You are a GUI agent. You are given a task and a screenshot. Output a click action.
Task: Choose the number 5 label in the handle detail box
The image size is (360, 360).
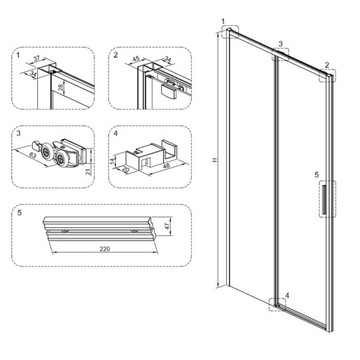pos(20,213)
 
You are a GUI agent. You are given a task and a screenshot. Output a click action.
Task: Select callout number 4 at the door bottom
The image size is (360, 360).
pos(287,296)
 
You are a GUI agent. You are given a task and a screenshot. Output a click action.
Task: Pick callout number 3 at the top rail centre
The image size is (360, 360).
pos(282,44)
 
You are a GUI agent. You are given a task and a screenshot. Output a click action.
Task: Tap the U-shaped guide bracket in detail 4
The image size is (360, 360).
pos(146,155)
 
